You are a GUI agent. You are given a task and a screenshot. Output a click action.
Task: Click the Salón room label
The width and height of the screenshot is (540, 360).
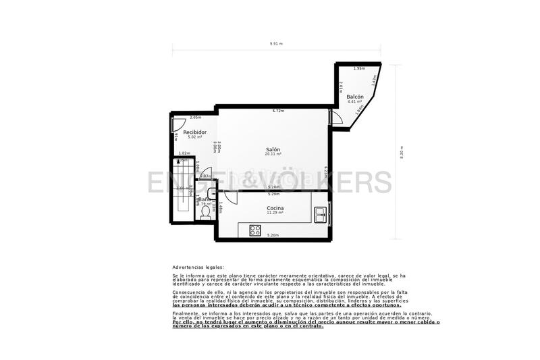pyautogui.click(x=273, y=149)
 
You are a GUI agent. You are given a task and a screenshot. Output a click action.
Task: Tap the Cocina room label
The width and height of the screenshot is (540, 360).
pyautogui.click(x=274, y=208)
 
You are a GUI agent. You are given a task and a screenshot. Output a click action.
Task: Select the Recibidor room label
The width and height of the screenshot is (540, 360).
pyautogui.click(x=194, y=132)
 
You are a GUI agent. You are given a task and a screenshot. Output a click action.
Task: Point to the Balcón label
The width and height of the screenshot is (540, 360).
pyautogui.click(x=355, y=97)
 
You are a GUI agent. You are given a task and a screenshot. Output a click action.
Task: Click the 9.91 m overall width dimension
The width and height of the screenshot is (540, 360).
pyautogui.click(x=275, y=43)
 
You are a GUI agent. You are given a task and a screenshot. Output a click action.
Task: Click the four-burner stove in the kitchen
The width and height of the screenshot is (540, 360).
pyautogui.click(x=255, y=230)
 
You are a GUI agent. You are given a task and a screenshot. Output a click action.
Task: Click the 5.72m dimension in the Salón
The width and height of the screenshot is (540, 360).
pyautogui.click(x=277, y=111)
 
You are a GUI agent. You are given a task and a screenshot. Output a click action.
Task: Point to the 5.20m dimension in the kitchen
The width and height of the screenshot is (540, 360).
pyautogui.click(x=273, y=235)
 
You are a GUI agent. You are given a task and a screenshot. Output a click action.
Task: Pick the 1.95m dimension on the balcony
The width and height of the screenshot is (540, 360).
pyautogui.click(x=359, y=68)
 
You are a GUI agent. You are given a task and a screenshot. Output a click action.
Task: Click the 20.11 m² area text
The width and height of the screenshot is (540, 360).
pyautogui.click(x=273, y=155)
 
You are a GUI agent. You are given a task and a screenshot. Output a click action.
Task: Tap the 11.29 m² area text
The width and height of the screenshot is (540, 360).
pyautogui.click(x=274, y=213)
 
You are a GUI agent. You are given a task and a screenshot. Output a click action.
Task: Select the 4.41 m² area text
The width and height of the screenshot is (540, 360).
pyautogui.click(x=355, y=102)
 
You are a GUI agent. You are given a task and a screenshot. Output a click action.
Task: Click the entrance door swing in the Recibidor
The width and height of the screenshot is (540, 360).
pyautogui.click(x=179, y=124)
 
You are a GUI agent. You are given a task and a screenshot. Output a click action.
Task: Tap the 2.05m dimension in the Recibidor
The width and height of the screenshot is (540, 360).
pyautogui.click(x=196, y=118)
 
